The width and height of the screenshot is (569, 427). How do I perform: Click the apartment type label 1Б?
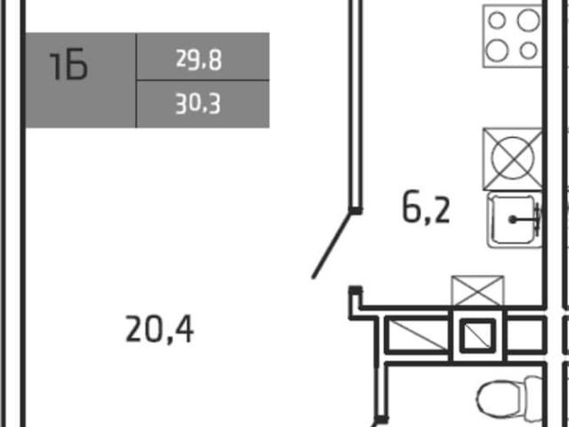(68, 64)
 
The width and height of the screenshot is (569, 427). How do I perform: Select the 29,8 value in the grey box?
(199, 60)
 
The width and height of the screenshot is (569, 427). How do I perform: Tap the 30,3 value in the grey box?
(198, 104)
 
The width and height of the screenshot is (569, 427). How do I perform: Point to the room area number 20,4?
(159, 329)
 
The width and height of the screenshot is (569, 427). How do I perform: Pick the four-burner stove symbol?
(512, 36)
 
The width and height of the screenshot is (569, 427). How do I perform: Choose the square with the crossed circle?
(512, 158)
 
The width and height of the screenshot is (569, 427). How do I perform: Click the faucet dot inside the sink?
(512, 220)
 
